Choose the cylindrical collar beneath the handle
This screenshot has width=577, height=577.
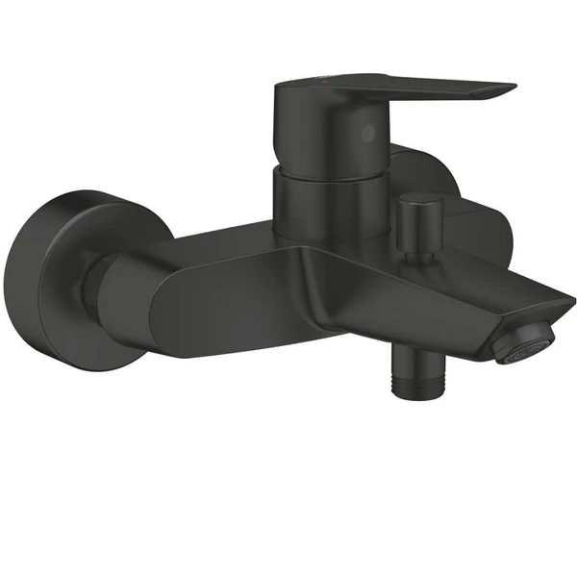322,202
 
